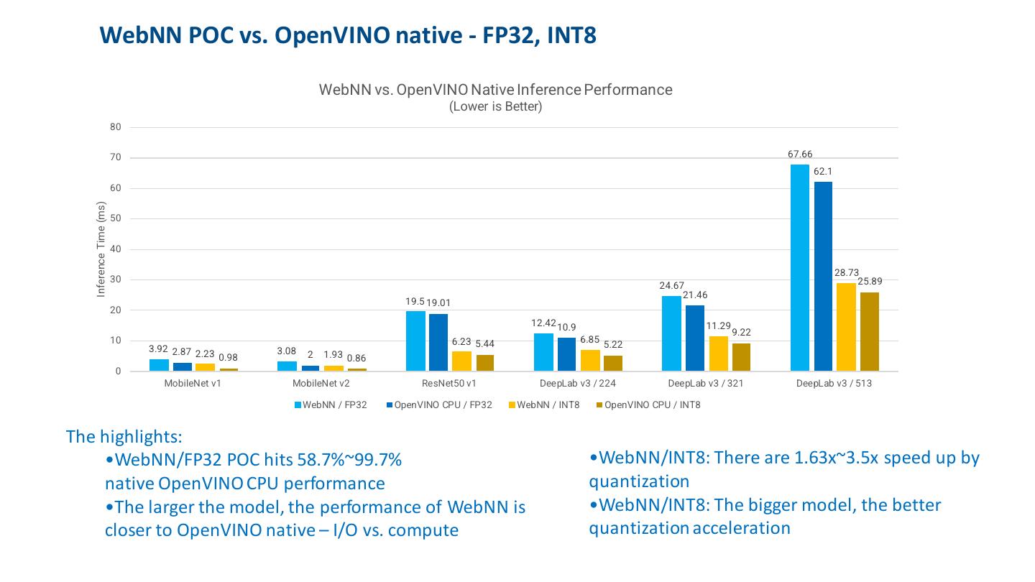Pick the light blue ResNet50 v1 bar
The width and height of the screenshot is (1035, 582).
click(x=415, y=341)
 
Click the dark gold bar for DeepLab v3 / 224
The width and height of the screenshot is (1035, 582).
click(x=613, y=363)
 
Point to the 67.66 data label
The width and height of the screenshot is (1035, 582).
click(x=799, y=154)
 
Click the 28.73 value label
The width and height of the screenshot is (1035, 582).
click(x=846, y=273)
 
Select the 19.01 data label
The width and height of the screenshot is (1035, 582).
click(x=438, y=303)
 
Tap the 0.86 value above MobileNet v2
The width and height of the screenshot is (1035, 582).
click(x=356, y=358)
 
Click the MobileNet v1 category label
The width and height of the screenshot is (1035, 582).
click(x=193, y=384)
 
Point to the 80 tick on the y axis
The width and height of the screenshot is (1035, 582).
click(x=116, y=127)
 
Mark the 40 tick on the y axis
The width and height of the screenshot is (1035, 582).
click(x=116, y=249)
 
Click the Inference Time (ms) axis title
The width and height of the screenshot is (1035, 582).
click(x=101, y=249)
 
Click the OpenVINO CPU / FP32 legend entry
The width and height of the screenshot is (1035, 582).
click(x=441, y=405)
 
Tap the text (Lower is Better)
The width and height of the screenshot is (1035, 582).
click(x=495, y=107)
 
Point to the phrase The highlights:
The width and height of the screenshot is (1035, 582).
click(x=124, y=436)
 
